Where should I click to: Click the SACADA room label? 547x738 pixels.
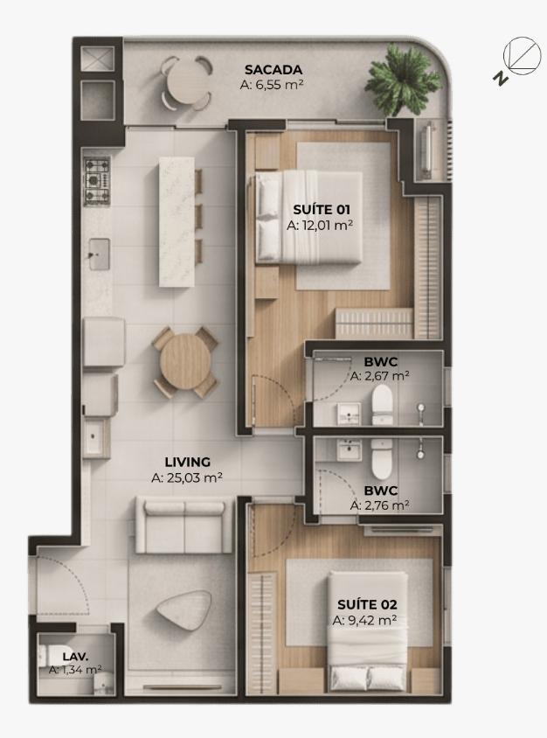[273, 70]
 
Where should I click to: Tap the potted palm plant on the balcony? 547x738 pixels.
[402, 80]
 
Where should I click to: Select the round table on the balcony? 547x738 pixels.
[186, 83]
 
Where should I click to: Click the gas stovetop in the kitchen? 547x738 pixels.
[97, 181]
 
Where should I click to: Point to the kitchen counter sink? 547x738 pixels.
[100, 254]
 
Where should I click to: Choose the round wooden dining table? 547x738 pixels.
[185, 361]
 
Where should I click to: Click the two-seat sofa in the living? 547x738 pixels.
[184, 525]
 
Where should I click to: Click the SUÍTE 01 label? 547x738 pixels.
[322, 210]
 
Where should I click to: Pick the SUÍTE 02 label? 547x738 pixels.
[367, 604]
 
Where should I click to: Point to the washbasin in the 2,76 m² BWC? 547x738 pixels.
[349, 449]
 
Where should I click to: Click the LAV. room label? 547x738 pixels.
[75, 656]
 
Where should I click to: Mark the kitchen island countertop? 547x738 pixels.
[177, 222]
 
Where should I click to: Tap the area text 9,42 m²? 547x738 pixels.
[364, 620]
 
